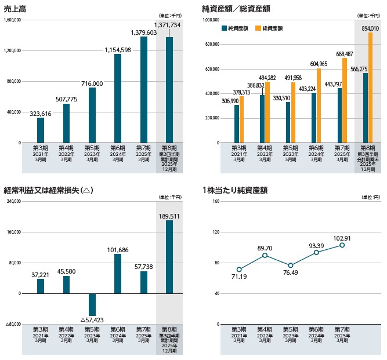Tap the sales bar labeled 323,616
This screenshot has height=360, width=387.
click(41, 130)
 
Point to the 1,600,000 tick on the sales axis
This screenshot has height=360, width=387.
click(12, 20)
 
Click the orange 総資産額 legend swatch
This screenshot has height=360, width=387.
click(258, 28)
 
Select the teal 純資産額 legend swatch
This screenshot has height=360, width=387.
click(224, 28)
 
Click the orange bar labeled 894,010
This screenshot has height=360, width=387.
click(370, 87)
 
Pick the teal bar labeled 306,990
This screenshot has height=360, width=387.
click(237, 123)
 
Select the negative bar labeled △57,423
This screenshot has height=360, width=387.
click(92, 304)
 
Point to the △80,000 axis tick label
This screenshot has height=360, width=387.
click(12, 325)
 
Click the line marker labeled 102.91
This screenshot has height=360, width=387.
click(342, 245)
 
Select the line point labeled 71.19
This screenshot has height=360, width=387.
click(239, 270)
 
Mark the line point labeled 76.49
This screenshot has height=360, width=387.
click(291, 266)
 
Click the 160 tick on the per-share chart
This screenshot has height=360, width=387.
click(216, 202)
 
